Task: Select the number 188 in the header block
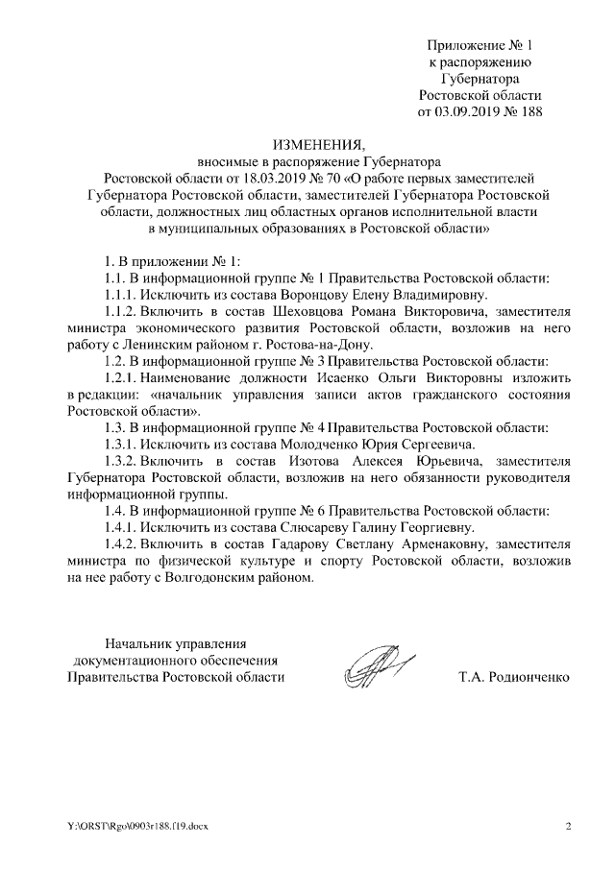point(530,111)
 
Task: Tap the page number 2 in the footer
point(568,826)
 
